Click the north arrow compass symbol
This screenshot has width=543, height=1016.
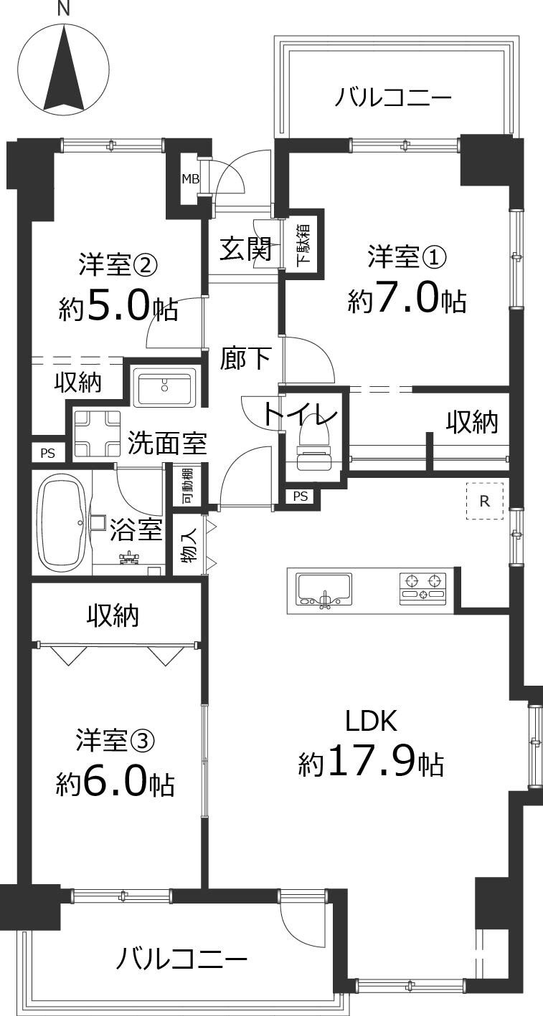coord(64,70)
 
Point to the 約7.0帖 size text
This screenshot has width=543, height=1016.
coord(407,300)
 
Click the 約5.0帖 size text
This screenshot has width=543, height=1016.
coord(118,308)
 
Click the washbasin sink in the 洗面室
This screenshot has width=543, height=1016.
coord(166,388)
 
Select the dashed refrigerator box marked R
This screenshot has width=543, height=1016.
coord(485,501)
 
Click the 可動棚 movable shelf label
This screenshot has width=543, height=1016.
coord(186,486)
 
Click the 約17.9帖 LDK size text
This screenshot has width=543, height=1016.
coord(371,765)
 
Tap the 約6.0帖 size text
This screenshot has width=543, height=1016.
coord(115,784)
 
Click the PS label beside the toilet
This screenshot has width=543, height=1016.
coord(301,496)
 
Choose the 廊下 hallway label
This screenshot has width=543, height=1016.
coord(245,358)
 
